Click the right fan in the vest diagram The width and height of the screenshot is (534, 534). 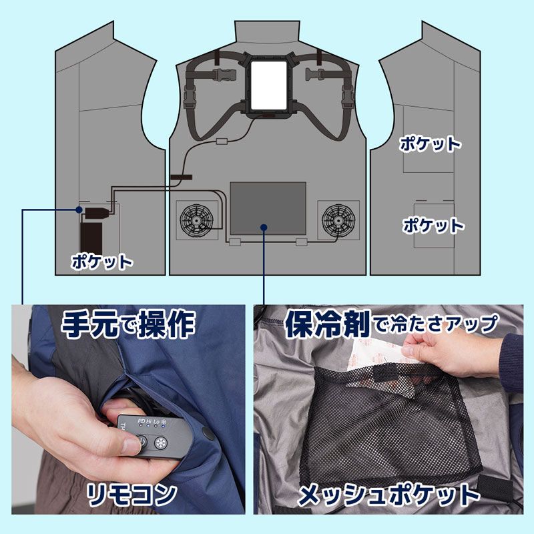[x=338, y=219]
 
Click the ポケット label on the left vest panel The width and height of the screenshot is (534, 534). [x=102, y=262]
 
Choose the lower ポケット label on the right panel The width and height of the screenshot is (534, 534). [x=433, y=225]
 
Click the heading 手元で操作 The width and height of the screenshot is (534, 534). [x=128, y=326]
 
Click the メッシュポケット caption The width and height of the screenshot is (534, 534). [x=388, y=495]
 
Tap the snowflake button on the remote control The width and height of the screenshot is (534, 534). [x=161, y=444]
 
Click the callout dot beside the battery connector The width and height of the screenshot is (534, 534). [x=79, y=210]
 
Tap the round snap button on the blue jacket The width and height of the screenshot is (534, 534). [x=208, y=434]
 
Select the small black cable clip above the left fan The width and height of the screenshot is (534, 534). [x=180, y=178]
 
